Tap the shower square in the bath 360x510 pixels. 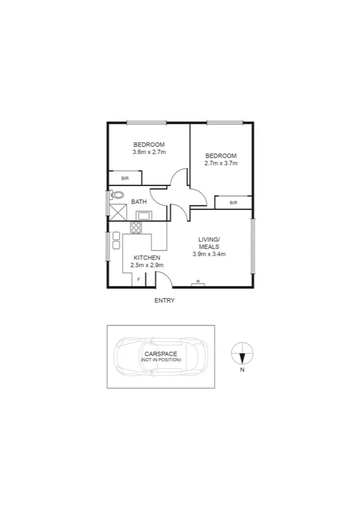(x=117, y=212)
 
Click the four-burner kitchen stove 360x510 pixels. (x=136, y=228)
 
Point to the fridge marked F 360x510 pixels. (x=139, y=280)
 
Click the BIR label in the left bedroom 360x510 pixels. (x=125, y=178)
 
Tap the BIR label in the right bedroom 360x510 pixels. (x=233, y=203)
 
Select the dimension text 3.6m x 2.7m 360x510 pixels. (x=149, y=152)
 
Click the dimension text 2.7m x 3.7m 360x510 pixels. (x=221, y=163)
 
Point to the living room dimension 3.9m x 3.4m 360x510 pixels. (x=209, y=254)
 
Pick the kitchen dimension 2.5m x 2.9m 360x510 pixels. (x=147, y=265)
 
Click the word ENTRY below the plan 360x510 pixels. (x=164, y=301)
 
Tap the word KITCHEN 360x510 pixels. (x=147, y=257)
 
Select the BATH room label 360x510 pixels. (x=139, y=202)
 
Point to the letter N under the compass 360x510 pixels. (x=242, y=370)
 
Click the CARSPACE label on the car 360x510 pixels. (x=160, y=354)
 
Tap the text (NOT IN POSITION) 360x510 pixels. (x=160, y=360)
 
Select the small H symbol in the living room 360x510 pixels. (x=199, y=282)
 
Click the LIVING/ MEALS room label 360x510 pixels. (x=209, y=243)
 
